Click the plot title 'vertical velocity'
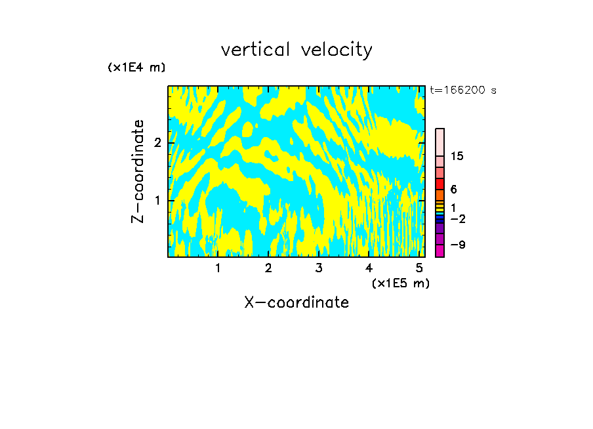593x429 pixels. (x=296, y=50)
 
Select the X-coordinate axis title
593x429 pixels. (x=296, y=302)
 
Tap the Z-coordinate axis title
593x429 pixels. (x=138, y=171)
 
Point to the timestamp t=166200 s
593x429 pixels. (x=463, y=91)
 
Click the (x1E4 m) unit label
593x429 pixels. (x=136, y=68)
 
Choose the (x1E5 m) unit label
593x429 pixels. (x=400, y=283)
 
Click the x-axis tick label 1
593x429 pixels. (x=218, y=268)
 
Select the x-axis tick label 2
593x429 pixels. (x=268, y=268)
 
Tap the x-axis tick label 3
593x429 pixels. (x=319, y=268)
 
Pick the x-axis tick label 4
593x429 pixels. (x=369, y=268)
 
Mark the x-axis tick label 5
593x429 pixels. (x=419, y=268)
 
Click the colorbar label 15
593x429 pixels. (x=457, y=156)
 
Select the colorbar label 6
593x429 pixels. (x=453, y=190)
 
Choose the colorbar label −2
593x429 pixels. (x=457, y=218)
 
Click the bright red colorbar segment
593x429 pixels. (x=440, y=184)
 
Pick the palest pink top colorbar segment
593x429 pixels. (x=440, y=142)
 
